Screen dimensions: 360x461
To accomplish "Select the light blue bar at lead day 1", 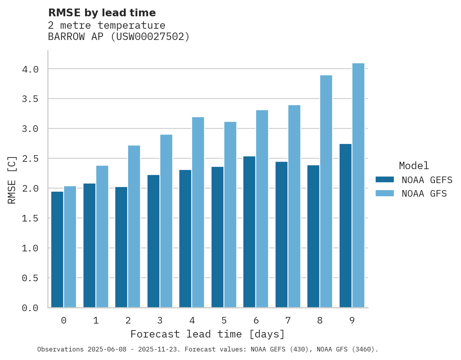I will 102,237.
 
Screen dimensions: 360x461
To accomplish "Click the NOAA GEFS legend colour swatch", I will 385,180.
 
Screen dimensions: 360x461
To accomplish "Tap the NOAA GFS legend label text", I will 424,194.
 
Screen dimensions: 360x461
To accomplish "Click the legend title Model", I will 414,166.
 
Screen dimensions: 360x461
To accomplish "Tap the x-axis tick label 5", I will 224,320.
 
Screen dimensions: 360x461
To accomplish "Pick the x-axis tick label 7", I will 288,320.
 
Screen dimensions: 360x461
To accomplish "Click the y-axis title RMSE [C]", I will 12,180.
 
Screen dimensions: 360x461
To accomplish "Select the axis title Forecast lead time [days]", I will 208,334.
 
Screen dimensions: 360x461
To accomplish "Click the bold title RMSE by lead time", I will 102,13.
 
